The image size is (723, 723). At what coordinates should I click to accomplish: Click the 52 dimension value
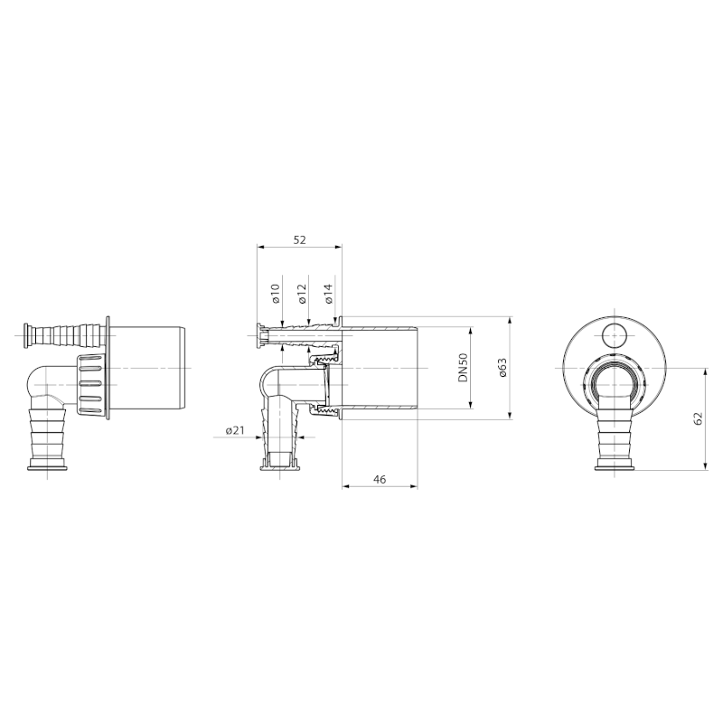(299, 239)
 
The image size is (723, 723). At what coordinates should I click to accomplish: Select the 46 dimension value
(380, 480)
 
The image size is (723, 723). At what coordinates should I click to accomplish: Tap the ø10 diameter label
(277, 293)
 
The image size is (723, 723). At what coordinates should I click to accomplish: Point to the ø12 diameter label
(303, 293)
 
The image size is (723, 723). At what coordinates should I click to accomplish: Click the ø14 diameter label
(329, 293)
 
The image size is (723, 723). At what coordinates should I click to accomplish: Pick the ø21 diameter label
(235, 431)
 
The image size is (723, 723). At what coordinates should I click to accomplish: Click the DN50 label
(463, 367)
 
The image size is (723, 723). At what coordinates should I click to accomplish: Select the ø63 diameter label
(502, 367)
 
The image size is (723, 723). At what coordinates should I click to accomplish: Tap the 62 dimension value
(698, 418)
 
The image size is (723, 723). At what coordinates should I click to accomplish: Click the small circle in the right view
(615, 334)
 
